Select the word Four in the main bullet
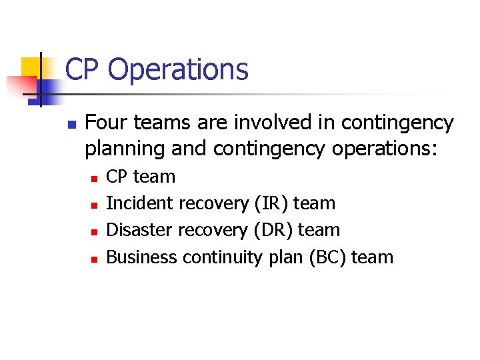(x=105, y=123)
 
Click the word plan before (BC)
(x=286, y=257)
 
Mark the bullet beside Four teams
(x=72, y=125)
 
